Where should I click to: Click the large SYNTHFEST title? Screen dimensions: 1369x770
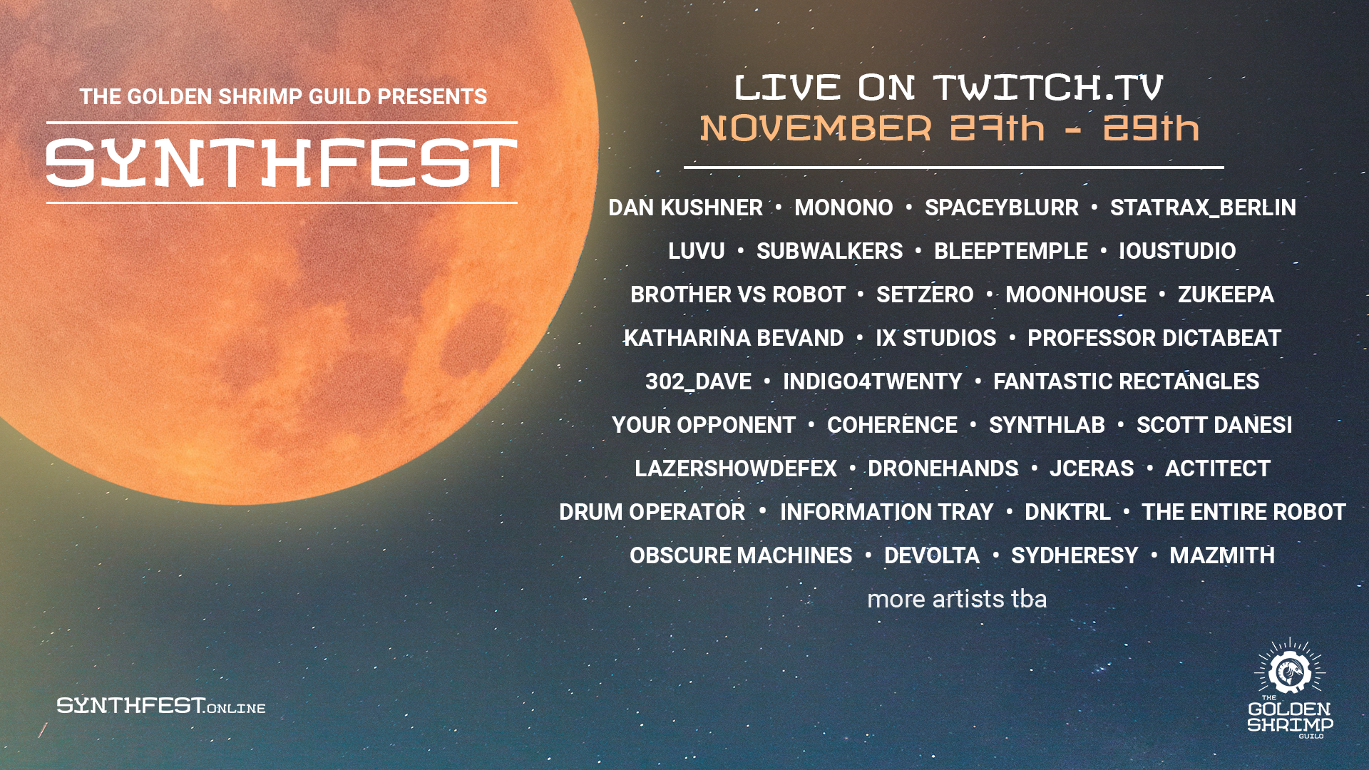[282, 163]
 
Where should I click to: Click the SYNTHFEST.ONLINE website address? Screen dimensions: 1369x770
[161, 706]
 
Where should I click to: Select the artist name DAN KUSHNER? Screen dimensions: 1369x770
[685, 207]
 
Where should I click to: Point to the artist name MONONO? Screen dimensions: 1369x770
[844, 207]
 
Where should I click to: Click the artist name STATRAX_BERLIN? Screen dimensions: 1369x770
[1203, 207]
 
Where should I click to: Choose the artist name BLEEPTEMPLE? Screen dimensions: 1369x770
[1011, 251]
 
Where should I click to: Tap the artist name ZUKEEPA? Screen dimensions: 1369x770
[1226, 294]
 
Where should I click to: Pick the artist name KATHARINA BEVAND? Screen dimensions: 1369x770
[734, 338]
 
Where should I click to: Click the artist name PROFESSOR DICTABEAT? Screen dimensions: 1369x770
[1154, 338]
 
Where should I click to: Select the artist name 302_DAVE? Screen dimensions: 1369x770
[698, 381]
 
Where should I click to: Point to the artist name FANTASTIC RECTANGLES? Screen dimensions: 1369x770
[1127, 381]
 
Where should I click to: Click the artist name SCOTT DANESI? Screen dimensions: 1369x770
[1214, 425]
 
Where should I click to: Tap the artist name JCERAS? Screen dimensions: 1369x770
[1092, 468]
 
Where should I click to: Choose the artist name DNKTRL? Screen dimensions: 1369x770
[1067, 512]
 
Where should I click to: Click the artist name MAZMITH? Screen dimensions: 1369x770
[1222, 555]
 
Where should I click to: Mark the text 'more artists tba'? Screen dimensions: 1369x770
[957, 599]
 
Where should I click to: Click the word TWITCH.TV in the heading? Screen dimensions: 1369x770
[1049, 87]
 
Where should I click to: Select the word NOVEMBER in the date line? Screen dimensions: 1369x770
[816, 128]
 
